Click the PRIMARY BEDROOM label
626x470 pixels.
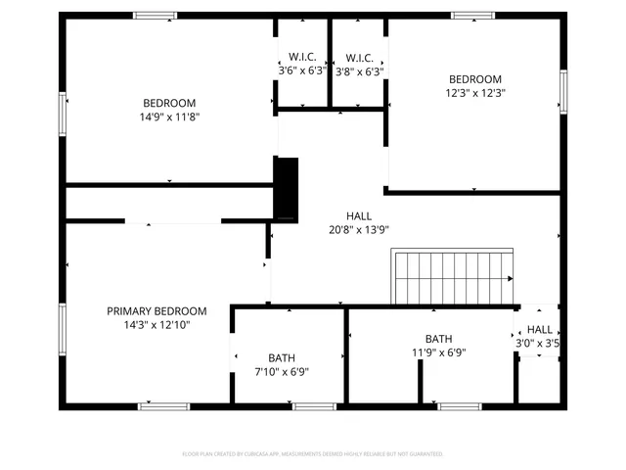[156, 310]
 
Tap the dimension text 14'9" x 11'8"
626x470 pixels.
[169, 117]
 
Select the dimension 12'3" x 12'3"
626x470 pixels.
[474, 93]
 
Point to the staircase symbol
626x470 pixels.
[452, 278]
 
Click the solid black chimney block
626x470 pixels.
[286, 189]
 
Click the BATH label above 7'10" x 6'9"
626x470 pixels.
[282, 358]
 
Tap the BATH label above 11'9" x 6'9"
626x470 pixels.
[438, 339]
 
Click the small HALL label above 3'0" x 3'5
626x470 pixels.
[540, 330]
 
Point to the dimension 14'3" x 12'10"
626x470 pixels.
[156, 324]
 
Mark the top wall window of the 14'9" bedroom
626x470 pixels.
[156, 15]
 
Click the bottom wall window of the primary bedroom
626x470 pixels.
[163, 405]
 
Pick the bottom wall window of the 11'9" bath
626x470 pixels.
[460, 405]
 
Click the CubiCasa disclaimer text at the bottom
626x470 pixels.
[313, 454]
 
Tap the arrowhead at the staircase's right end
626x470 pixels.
[511, 279]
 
